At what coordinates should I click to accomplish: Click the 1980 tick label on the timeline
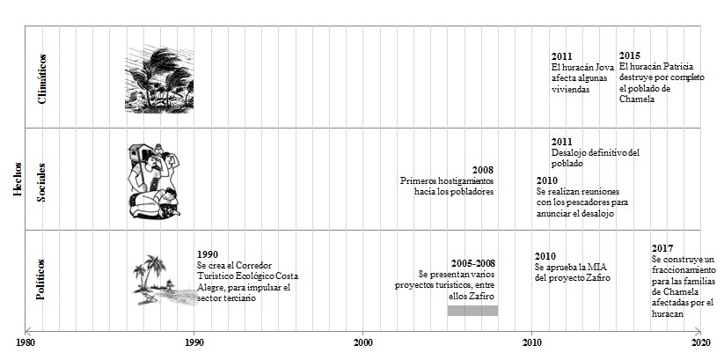click(26, 341)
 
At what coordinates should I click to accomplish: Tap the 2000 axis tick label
click(363, 341)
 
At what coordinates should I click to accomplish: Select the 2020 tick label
click(700, 341)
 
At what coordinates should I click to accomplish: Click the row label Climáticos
click(42, 77)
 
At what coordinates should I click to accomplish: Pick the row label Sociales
click(42, 180)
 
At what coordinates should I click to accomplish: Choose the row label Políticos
click(42, 279)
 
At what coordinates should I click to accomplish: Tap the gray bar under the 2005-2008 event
click(472, 310)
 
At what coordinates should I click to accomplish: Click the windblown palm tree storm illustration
click(160, 79)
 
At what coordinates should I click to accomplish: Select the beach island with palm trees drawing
click(163, 280)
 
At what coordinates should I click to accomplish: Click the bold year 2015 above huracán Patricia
click(630, 56)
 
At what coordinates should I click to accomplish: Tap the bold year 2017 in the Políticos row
click(662, 249)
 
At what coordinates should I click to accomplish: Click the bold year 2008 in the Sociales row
click(482, 170)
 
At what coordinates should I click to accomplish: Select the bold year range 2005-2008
click(473, 263)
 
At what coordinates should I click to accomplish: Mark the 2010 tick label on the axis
click(531, 341)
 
